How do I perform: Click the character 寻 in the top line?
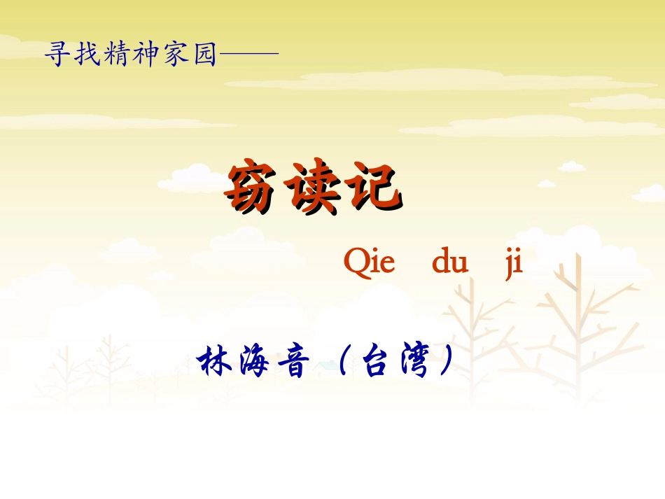[x=59, y=54]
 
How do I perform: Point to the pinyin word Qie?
[x=370, y=263]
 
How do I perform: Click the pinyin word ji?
[x=514, y=265]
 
